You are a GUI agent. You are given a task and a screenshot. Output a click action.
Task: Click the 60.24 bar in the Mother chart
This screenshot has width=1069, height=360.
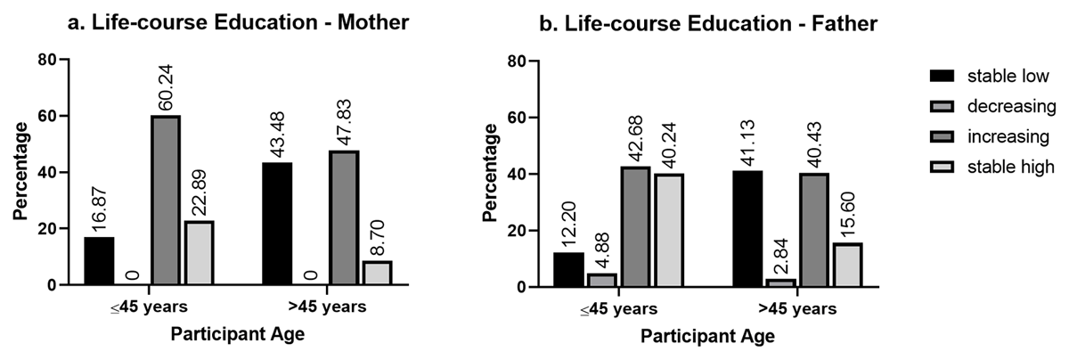(166, 200)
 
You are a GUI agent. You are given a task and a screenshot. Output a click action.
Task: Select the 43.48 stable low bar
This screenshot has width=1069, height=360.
(278, 224)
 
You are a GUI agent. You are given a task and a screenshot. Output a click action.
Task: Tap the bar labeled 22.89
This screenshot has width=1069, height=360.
(200, 253)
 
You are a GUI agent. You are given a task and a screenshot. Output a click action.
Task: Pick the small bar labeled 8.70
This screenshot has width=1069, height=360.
(378, 273)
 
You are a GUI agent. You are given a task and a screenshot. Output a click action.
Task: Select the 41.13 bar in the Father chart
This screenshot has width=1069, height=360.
(747, 229)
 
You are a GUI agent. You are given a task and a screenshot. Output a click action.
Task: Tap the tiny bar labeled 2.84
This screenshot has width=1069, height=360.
(781, 282)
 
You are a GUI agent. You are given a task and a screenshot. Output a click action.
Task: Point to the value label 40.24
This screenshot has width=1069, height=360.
(670, 142)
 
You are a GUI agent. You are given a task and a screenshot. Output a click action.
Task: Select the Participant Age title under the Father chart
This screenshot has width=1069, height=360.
(708, 338)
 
